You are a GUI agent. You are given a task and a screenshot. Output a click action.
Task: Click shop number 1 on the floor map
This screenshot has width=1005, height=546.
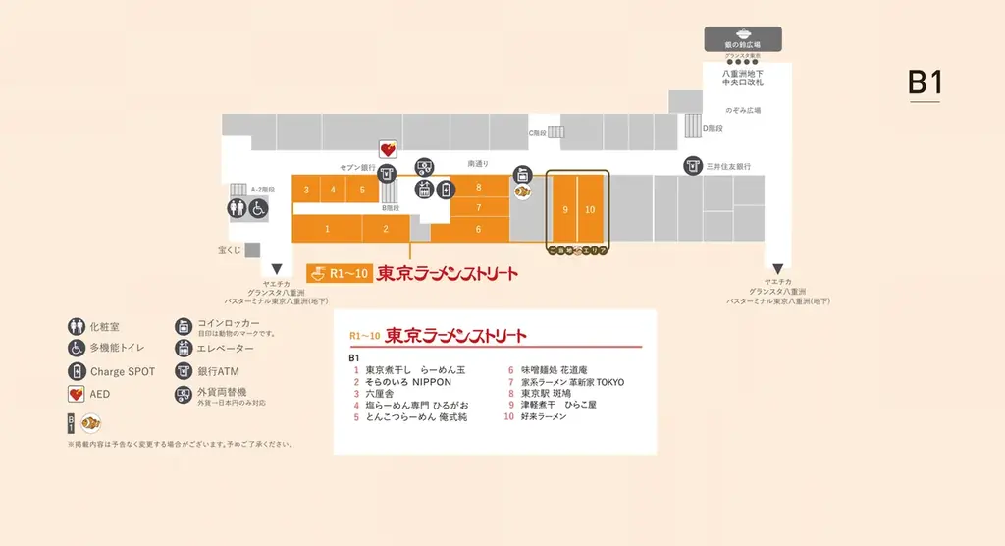pos(327,228)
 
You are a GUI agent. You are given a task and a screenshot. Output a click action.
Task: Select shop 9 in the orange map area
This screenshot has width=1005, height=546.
pos(564,209)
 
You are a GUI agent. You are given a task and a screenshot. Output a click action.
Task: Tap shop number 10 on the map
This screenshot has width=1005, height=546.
pos(590,209)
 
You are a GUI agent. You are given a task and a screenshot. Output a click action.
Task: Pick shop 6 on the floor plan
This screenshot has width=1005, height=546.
pos(478,229)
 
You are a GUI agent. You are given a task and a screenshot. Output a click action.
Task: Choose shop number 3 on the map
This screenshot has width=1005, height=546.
pos(307,190)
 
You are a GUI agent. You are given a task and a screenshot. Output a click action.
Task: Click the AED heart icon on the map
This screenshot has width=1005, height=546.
pos(389,149)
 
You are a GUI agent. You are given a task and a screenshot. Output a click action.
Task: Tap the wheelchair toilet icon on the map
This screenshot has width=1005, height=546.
pos(258,208)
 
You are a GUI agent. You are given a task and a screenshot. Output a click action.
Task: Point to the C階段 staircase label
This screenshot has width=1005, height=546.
pos(537,131)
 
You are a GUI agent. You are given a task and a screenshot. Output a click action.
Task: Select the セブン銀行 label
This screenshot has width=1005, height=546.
pos(358,167)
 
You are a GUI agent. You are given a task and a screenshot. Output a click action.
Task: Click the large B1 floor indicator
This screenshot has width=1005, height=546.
pos(924,84)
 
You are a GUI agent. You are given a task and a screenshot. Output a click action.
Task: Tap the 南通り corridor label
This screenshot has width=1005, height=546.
pos(478,163)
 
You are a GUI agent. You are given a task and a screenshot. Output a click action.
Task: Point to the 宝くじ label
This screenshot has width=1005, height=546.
pos(230,250)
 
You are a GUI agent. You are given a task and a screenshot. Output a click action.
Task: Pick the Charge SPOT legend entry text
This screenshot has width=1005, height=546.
pos(123,372)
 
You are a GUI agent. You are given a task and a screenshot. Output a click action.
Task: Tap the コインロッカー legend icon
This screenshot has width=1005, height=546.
pos(183,326)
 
